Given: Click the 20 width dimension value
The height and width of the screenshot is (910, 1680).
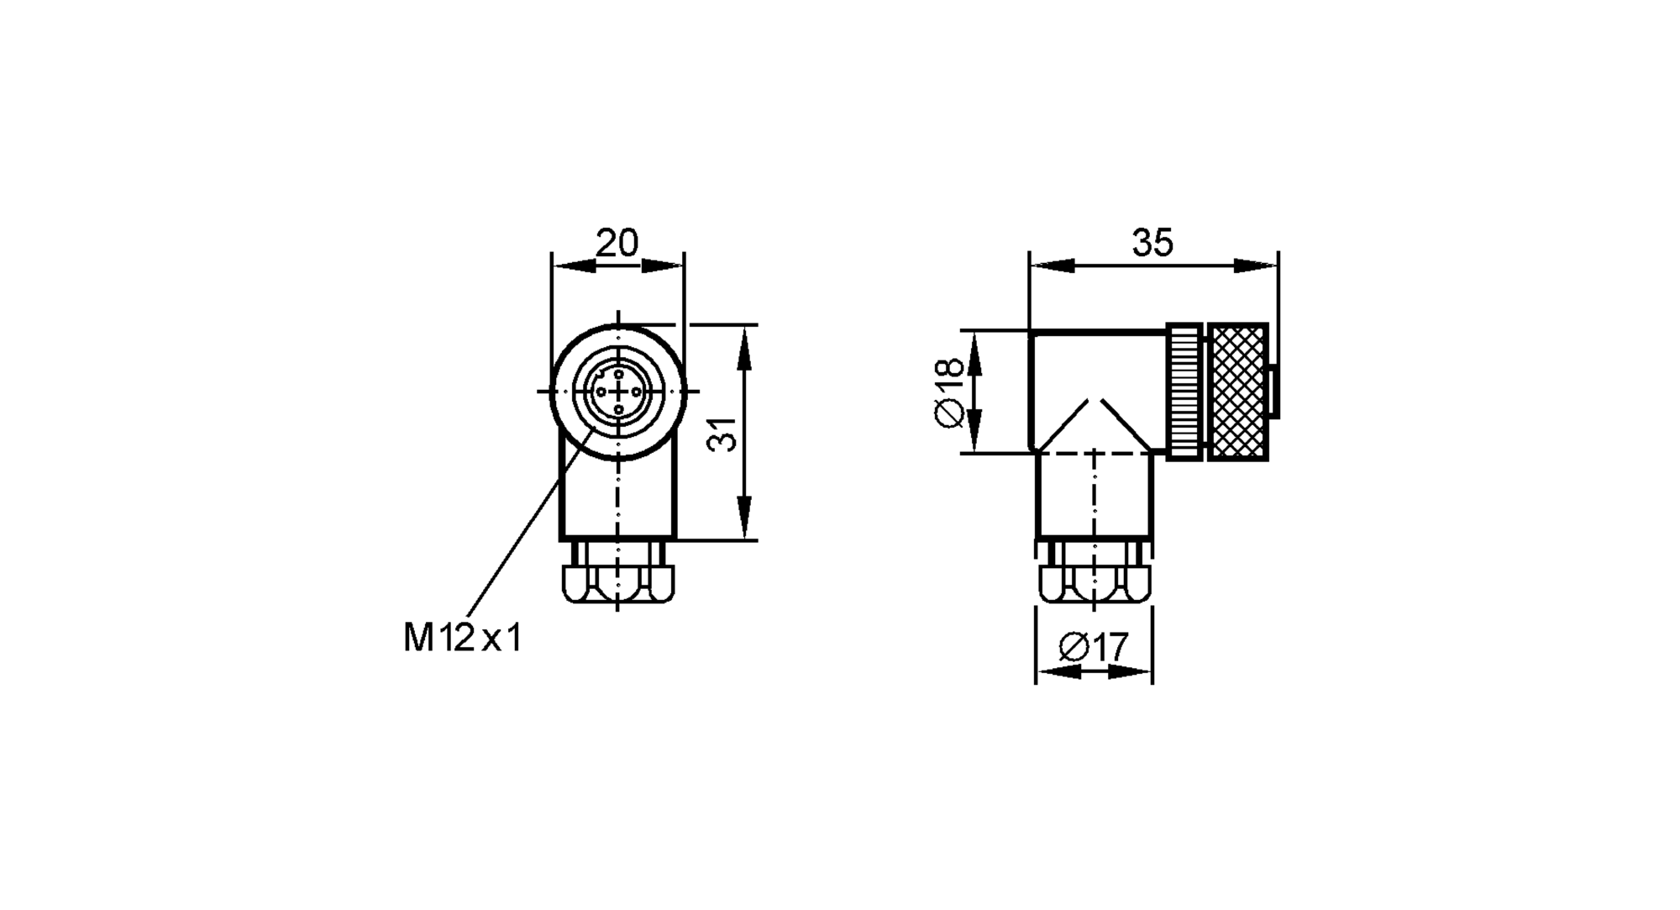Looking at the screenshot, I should point(617,243).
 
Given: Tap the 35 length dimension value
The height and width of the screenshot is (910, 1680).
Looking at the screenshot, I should point(1152,243).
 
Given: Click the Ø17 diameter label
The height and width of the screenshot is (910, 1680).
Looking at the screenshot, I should point(1094,648).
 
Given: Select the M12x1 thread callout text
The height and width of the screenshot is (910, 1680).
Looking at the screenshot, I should point(462,639).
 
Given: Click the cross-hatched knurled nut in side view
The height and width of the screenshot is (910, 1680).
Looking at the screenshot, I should point(1237,392).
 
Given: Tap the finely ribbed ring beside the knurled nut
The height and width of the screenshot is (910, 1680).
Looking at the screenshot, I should point(1185,392).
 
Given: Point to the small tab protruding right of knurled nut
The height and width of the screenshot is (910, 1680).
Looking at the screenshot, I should point(1274,392).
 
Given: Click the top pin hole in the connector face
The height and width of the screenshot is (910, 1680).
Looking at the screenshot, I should point(618,373).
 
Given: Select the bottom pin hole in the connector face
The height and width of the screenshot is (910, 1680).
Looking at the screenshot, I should point(618,410).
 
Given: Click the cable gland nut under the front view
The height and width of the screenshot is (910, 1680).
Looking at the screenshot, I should point(618,582).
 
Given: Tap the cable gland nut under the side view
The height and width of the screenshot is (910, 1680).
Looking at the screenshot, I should point(1094,582).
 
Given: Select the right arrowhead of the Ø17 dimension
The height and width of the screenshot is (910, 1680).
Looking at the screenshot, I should point(1129,671).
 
